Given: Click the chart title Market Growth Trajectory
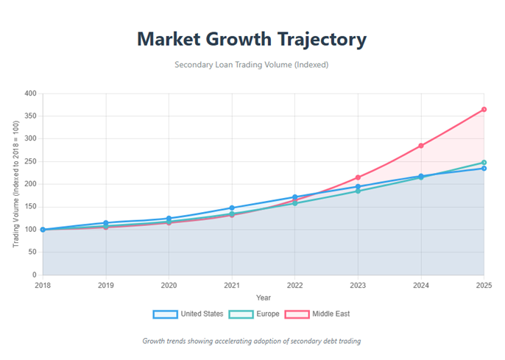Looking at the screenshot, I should (252, 39).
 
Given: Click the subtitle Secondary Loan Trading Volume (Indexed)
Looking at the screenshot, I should (252, 65).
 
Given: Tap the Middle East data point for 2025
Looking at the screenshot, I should (484, 109).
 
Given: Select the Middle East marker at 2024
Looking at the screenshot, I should (421, 146).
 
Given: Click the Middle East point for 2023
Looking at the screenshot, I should (358, 177).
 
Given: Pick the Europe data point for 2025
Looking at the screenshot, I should (484, 163).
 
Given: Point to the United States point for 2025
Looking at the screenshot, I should (484, 169).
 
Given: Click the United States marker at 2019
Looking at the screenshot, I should (106, 223).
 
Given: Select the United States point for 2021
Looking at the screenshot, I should (232, 208).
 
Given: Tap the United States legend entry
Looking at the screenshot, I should (188, 314).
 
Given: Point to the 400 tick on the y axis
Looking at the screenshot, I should (29, 93).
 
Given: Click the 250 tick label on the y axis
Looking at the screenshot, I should (29, 162).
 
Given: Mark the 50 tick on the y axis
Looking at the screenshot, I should (32, 253).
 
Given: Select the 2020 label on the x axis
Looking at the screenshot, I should (169, 285).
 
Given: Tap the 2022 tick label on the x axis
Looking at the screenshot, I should (294, 285).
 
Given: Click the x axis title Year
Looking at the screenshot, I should (263, 297).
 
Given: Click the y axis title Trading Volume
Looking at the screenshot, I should (16, 184).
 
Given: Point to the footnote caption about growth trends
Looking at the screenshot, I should (252, 341).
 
